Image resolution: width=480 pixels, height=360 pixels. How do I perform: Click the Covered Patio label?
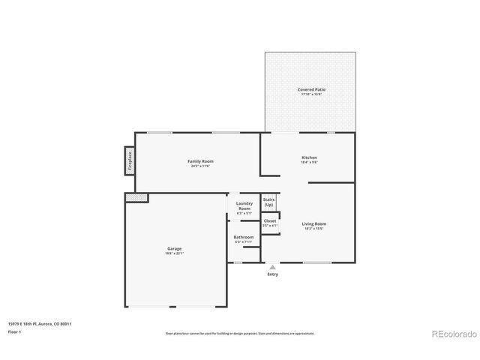tap(311, 89)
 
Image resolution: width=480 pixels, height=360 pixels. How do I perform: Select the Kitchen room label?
tap(310, 157)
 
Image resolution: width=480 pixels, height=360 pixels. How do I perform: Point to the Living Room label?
tap(314, 223)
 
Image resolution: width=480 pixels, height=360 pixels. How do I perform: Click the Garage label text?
tap(174, 248)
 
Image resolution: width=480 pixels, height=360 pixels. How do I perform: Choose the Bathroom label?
tap(244, 237)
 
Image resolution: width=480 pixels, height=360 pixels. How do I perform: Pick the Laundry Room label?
tap(244, 205)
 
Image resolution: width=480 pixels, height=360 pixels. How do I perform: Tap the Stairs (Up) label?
tap(268, 202)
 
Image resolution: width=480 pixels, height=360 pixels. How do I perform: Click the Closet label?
tap(270, 221)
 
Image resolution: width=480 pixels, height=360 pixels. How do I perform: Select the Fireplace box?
tap(129, 160)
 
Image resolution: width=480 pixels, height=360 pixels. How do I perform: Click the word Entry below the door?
tap(272, 274)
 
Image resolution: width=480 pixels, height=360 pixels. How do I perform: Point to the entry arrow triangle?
tap(272, 266)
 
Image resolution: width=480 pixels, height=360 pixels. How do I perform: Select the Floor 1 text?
tap(15, 331)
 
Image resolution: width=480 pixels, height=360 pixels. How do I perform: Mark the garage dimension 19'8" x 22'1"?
tap(174, 253)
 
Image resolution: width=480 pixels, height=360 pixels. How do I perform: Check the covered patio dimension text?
tap(311, 94)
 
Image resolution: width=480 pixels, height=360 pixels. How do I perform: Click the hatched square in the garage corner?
tap(136, 197)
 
